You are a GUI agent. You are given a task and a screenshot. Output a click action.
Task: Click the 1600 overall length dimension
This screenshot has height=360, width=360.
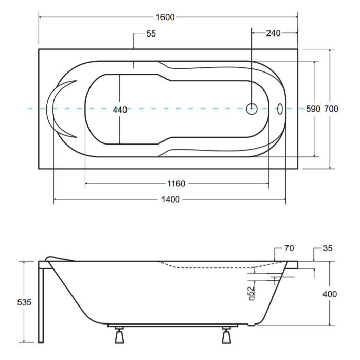165,17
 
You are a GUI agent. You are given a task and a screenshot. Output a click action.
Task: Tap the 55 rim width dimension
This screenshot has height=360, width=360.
151,34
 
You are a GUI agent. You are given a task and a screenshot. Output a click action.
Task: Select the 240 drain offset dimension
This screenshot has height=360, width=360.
273,33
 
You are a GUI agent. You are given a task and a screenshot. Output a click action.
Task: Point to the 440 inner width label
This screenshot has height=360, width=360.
120,110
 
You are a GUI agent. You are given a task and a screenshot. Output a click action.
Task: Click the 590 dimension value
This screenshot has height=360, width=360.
313,109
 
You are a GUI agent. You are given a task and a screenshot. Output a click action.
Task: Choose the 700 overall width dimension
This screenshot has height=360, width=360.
331,109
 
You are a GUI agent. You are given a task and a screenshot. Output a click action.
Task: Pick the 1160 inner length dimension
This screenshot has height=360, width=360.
176,184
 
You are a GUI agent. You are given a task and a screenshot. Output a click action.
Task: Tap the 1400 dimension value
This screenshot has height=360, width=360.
171,200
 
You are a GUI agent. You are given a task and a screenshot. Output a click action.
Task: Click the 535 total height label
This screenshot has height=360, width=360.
24,302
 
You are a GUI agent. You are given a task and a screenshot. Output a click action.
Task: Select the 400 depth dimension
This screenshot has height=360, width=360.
330,294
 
